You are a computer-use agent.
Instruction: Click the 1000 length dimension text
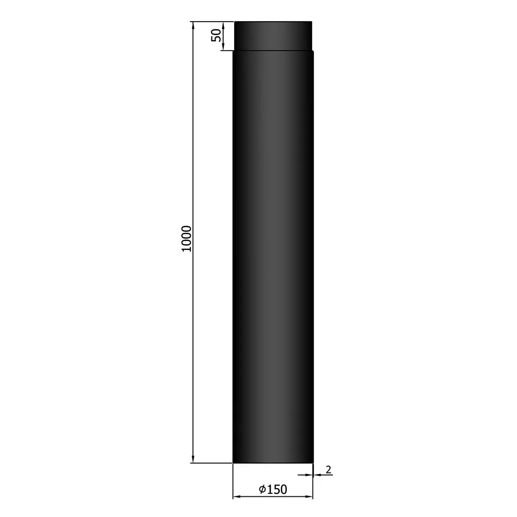(x=186, y=239)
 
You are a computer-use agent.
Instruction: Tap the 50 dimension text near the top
(x=216, y=35)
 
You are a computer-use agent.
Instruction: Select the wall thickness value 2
(x=329, y=470)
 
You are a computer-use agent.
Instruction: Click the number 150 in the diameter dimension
(x=277, y=489)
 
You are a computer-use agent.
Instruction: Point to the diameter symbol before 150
(x=262, y=489)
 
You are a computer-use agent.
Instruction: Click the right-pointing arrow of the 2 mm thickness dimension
(x=308, y=475)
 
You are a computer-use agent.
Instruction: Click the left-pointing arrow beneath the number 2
(x=317, y=475)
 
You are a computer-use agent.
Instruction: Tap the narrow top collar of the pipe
(x=273, y=35)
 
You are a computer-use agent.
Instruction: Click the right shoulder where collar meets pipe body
(x=313, y=50)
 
